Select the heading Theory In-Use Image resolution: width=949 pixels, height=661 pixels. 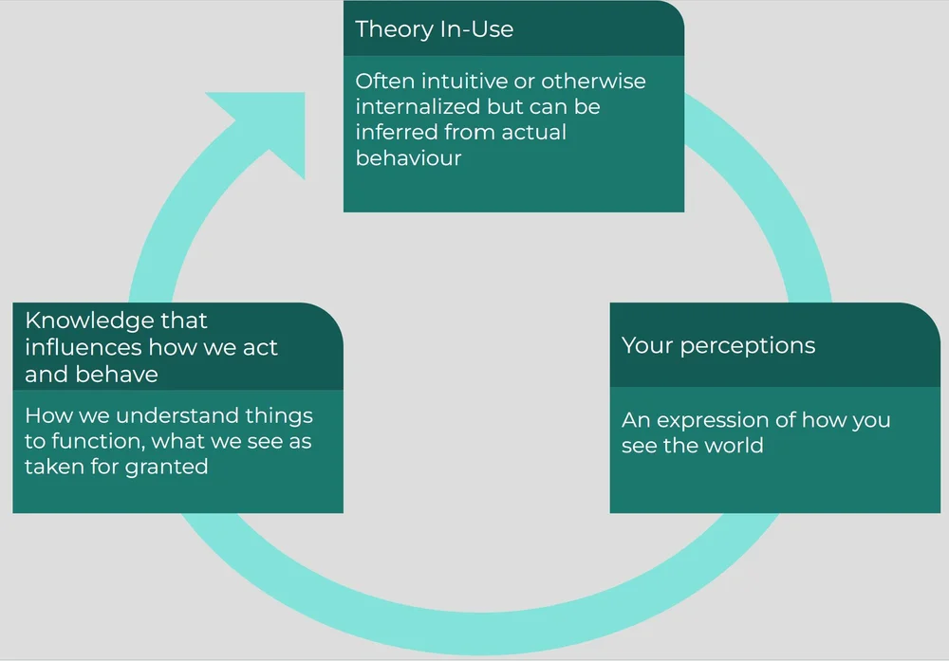(434, 28)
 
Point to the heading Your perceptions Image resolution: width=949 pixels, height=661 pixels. (717, 345)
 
